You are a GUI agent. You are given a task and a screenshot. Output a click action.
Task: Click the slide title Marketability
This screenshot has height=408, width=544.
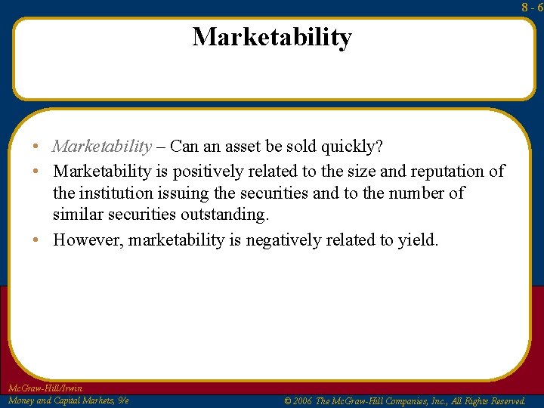pos(272,37)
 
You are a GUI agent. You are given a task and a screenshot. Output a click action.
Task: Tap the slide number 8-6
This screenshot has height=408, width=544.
pos(533,7)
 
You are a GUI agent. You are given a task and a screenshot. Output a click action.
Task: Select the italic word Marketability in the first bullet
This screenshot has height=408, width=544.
pos(102,146)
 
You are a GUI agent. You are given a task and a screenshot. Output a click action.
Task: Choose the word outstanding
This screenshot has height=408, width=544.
pos(224,215)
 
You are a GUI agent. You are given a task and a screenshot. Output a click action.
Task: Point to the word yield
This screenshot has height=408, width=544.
pos(418,240)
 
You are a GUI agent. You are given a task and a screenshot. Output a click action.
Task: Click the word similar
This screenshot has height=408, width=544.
pos(78,215)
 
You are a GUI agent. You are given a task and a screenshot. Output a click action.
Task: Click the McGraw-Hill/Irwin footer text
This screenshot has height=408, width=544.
pos(45,388)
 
